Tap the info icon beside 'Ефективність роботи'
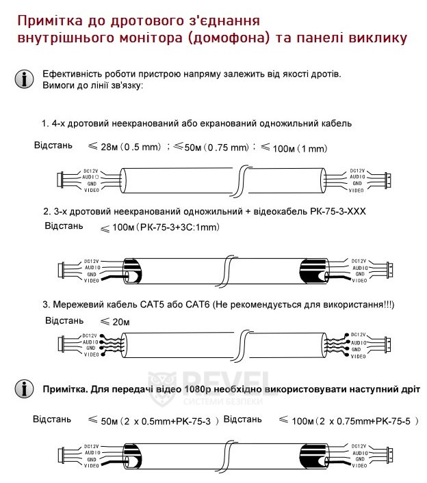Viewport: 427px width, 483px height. pyautogui.click(x=25, y=79)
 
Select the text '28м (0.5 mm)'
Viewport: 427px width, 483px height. pyautogui.click(x=130, y=147)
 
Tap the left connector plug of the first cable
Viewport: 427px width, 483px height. pyautogui.click(x=60, y=181)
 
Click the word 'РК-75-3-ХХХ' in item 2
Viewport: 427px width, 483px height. pyautogui.click(x=337, y=212)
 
